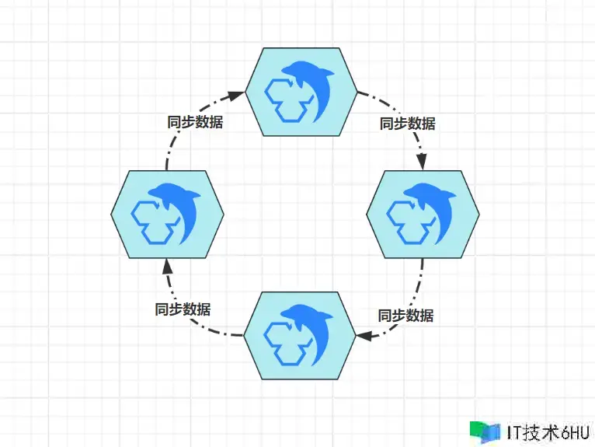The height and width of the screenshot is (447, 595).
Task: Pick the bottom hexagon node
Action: (x=301, y=335)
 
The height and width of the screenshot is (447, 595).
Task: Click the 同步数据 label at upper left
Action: (x=196, y=122)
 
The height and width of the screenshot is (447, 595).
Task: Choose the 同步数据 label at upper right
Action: (x=407, y=123)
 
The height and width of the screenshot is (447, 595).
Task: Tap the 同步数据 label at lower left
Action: (x=183, y=308)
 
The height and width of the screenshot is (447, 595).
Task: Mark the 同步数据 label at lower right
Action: (x=405, y=315)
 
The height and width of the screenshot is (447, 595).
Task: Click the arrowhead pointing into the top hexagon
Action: (x=238, y=94)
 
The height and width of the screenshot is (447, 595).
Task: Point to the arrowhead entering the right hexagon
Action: (x=422, y=162)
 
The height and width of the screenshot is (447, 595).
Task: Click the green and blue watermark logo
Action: (x=485, y=431)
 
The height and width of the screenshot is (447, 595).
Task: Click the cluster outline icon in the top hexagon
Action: (x=284, y=99)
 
